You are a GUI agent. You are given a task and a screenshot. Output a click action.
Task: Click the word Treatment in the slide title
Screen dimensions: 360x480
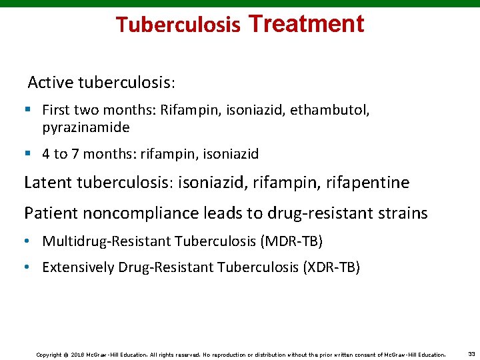(306, 24)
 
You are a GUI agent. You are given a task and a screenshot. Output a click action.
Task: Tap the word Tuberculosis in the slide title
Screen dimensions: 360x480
(178, 25)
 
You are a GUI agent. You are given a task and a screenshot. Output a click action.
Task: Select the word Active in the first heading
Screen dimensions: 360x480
(51, 83)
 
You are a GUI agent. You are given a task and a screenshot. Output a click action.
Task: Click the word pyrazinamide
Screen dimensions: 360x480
(86, 127)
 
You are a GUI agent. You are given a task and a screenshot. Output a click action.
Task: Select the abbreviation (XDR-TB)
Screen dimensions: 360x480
(331, 267)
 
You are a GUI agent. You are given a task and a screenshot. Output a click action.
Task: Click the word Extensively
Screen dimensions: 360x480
(78, 267)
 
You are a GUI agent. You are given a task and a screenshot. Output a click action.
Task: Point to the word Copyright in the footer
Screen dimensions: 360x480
(49, 355)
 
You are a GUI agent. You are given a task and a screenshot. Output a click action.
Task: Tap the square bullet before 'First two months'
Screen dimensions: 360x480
(27, 109)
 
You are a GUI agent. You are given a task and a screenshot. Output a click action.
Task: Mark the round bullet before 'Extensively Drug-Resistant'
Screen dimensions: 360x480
(27, 267)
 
